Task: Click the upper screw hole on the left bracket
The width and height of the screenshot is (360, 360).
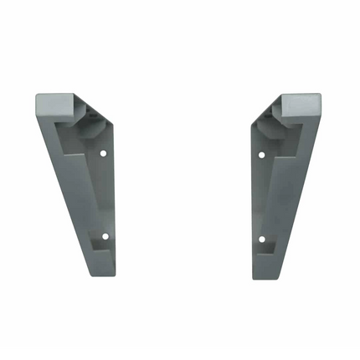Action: click(103, 154)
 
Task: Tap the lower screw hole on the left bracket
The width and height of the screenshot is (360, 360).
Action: click(105, 237)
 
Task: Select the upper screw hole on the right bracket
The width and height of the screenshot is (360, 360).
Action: click(261, 156)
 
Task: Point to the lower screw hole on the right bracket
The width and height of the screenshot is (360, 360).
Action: click(261, 239)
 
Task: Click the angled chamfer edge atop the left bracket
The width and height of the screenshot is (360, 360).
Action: click(93, 109)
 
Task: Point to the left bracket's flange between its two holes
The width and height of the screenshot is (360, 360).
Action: click(105, 197)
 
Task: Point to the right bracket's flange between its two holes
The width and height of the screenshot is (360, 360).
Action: click(260, 198)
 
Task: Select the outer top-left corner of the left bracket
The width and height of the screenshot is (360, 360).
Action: click(37, 96)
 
